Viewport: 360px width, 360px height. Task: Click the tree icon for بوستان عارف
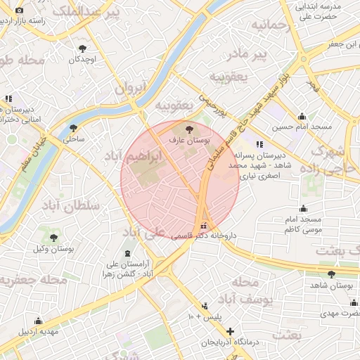point(189,129)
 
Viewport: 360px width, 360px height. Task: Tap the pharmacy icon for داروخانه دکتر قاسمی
point(204,226)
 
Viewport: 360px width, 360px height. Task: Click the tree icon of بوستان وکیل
point(54,238)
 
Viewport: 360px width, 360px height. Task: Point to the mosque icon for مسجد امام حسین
point(302,116)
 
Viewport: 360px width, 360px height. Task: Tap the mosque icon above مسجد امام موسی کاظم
point(303,208)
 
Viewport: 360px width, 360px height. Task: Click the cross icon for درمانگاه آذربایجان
point(230,331)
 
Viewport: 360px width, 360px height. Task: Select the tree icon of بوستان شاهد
point(331,274)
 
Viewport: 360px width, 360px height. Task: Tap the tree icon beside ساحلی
point(73,128)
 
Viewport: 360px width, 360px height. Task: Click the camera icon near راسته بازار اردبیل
point(19,11)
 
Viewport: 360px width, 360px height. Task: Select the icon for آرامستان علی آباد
point(127,253)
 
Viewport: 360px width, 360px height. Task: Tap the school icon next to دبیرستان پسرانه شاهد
point(259,143)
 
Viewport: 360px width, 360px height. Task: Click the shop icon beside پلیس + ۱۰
point(205,306)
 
